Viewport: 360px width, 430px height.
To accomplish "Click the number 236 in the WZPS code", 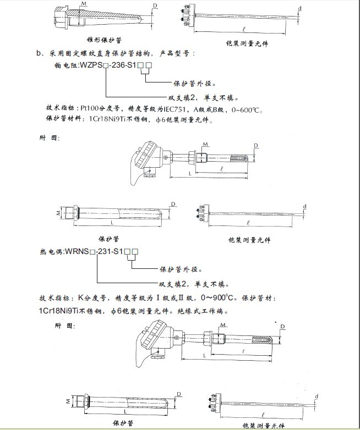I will (118, 66).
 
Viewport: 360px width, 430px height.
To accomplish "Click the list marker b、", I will (39, 53).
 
